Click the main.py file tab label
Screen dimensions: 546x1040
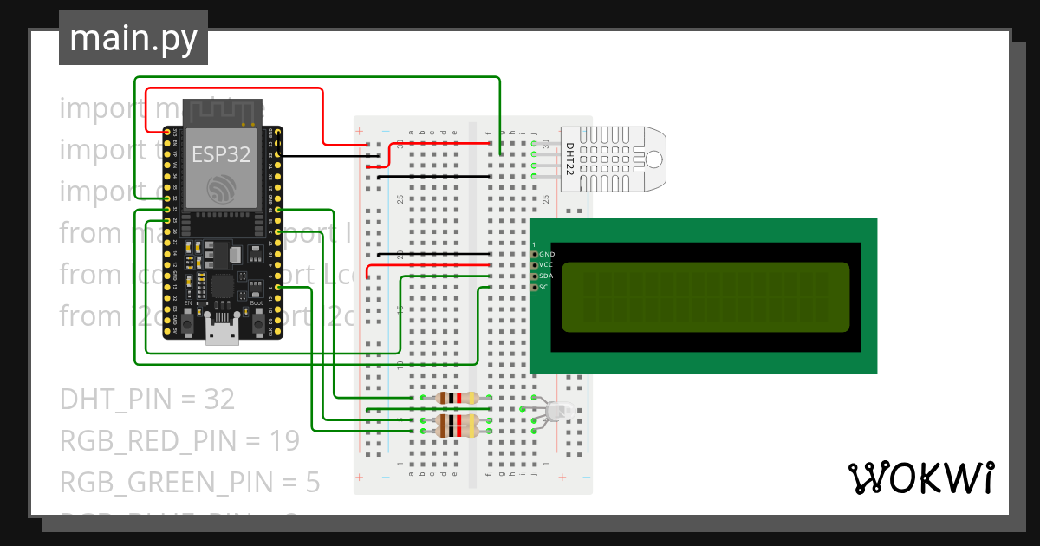click(x=133, y=39)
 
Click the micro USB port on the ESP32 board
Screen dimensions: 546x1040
click(x=222, y=333)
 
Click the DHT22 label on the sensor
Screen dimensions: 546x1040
click(x=570, y=159)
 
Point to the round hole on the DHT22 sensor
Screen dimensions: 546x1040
click(x=653, y=159)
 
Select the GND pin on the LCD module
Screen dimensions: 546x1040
click(x=536, y=255)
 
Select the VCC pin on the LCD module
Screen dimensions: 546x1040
click(x=536, y=265)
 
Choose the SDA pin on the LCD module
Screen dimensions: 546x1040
click(x=536, y=276)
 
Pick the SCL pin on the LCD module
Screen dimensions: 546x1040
click(x=536, y=287)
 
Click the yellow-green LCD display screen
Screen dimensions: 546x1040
click(x=705, y=297)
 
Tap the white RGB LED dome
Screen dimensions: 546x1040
click(x=556, y=413)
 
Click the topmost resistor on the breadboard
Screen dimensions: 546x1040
click(x=456, y=399)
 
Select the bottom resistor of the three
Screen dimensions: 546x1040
click(x=456, y=431)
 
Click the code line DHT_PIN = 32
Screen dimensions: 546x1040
click(x=147, y=400)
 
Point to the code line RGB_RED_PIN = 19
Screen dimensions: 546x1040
click(x=179, y=441)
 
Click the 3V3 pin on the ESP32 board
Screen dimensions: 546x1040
click(x=175, y=133)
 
